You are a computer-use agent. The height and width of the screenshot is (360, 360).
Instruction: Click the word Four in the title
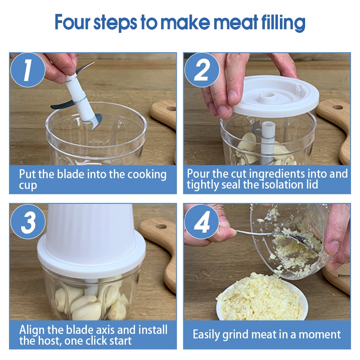click(72, 22)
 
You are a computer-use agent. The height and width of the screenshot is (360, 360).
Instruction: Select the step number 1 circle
click(28, 70)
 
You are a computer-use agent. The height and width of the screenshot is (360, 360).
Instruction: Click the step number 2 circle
click(202, 70)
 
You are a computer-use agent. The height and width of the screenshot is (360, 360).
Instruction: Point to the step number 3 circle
click(28, 221)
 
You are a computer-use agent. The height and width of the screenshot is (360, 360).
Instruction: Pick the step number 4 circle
click(202, 221)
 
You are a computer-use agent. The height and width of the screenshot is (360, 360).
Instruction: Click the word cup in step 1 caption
click(28, 186)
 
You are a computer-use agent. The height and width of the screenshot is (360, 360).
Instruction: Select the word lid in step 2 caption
click(312, 184)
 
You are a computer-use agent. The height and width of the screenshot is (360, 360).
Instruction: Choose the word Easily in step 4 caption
click(207, 335)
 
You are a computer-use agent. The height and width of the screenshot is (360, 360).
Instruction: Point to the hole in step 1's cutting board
click(171, 108)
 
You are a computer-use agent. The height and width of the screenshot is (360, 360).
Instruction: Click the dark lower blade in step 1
click(61, 105)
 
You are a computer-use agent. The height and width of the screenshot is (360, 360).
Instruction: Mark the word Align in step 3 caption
click(32, 330)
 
